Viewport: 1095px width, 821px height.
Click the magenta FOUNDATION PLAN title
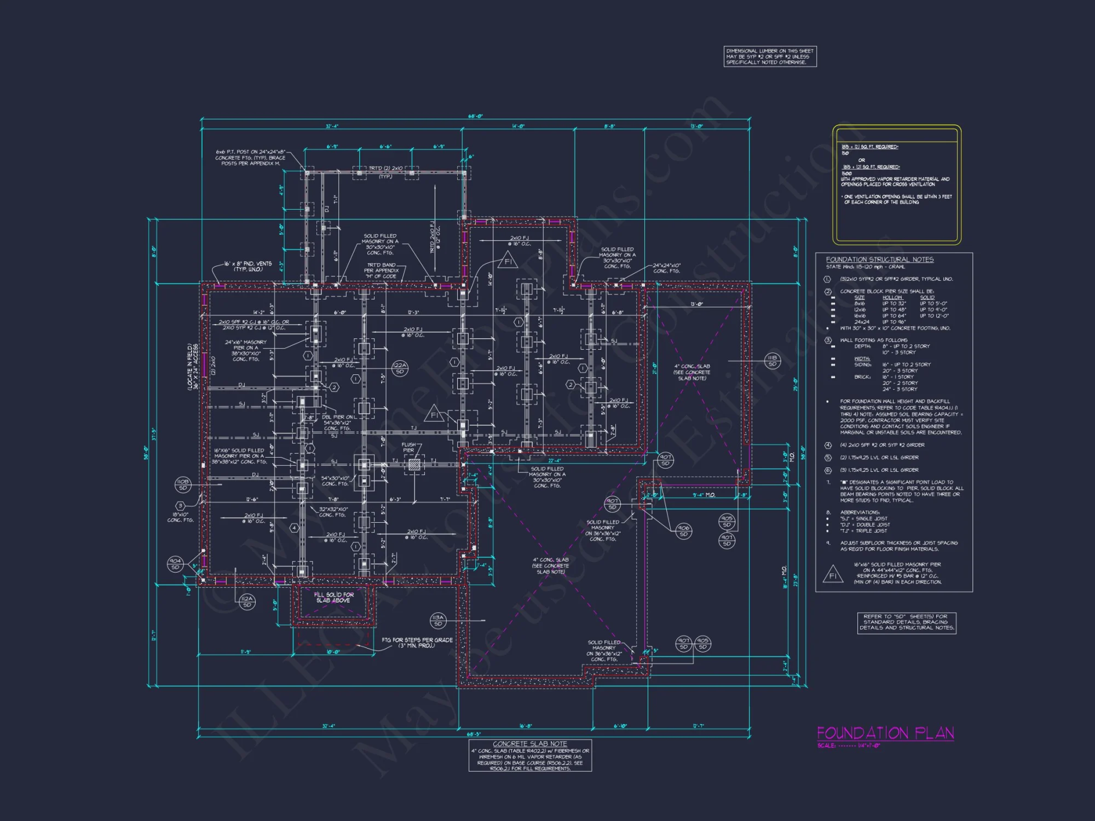coord(885,733)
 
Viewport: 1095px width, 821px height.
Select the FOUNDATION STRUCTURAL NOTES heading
coord(879,259)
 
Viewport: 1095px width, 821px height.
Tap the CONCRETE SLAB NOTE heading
coord(529,744)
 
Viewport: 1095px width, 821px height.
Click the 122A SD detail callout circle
coord(400,368)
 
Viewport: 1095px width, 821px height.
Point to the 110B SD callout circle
coord(183,484)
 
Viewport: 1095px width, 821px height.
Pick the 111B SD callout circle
coord(772,360)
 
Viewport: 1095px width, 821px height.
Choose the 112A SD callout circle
coord(247,602)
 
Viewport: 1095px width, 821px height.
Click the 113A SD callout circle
coord(437,620)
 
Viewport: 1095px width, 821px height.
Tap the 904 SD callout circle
coord(175,564)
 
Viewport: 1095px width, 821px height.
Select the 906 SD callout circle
coord(683,531)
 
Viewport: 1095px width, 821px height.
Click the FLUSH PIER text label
coord(408,447)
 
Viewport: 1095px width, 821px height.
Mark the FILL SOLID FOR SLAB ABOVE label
coord(333,597)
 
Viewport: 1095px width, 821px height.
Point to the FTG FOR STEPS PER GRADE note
coord(417,643)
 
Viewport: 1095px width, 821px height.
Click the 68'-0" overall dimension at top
coord(475,116)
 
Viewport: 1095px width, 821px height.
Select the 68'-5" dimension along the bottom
coord(474,734)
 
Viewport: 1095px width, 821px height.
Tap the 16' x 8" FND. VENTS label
coord(247,266)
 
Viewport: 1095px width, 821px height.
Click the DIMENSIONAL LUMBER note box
coord(770,56)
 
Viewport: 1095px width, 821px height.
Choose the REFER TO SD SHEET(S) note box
coord(907,622)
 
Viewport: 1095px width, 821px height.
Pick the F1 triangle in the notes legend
coord(833,575)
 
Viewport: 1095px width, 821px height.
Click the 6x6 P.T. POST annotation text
coord(250,158)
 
